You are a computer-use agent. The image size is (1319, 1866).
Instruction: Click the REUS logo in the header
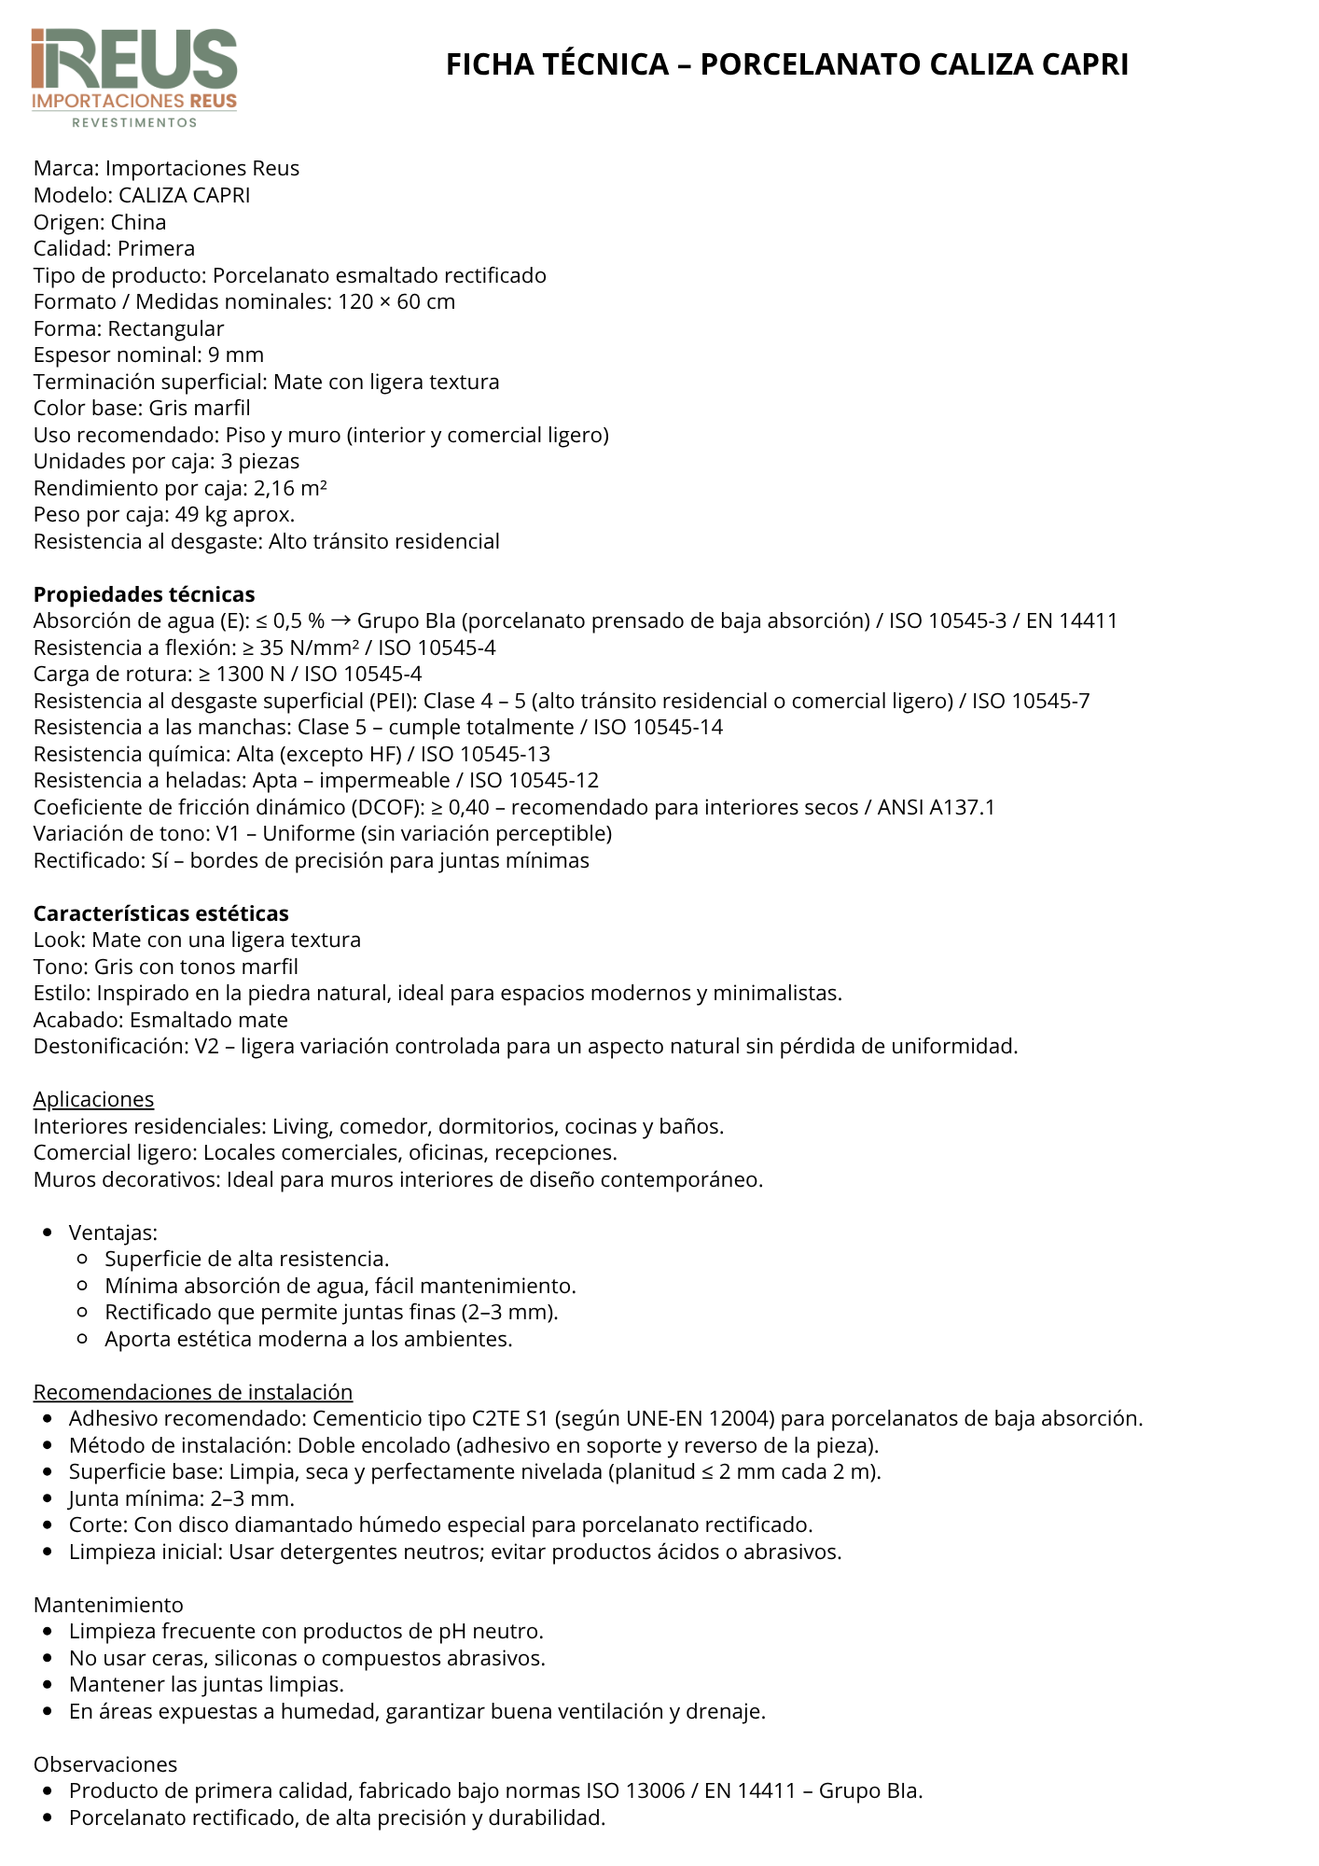[134, 77]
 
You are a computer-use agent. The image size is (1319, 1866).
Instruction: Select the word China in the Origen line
[138, 222]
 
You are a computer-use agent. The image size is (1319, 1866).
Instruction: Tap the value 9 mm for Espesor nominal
[236, 355]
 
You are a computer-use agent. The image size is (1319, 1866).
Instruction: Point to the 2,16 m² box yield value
[290, 488]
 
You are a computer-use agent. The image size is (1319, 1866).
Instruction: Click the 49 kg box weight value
[201, 514]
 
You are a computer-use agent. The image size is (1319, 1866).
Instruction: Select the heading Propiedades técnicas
[144, 594]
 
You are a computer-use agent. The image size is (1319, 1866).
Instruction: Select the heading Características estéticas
[160, 913]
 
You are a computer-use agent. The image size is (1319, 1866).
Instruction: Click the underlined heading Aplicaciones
[93, 1099]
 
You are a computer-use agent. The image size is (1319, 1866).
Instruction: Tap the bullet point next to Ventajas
[48, 1232]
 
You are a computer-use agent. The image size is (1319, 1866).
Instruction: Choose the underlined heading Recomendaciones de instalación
[192, 1392]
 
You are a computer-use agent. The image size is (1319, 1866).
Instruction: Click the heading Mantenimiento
[108, 1605]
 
